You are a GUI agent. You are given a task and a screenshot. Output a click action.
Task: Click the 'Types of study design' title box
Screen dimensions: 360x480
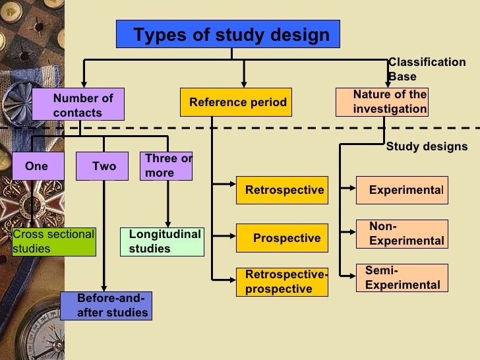coord(228,34)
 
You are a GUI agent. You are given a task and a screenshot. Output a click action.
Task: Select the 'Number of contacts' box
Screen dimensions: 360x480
coord(78,105)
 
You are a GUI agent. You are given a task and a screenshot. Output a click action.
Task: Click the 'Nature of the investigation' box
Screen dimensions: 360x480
coord(382,102)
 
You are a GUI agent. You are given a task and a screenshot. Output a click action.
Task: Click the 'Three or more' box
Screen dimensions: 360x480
coord(165,166)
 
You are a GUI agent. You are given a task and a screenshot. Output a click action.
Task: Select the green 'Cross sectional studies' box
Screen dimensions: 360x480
coord(54,242)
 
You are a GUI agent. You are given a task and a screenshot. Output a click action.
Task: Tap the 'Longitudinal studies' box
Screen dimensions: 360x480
coord(162,242)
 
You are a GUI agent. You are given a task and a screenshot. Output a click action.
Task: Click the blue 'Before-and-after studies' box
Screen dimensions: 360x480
coord(106,306)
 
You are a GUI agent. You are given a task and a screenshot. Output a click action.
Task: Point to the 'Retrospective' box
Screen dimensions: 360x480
coord(282,191)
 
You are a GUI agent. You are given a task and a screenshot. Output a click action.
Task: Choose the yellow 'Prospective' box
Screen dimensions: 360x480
coord(282,238)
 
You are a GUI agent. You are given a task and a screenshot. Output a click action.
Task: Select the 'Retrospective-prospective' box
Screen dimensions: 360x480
coord(282,282)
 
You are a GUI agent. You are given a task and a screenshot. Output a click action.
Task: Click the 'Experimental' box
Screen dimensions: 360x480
coord(402,191)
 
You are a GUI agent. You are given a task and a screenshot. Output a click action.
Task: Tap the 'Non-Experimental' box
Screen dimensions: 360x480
coord(402,234)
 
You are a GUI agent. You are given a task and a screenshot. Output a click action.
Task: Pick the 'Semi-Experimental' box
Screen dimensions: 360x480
coord(402,278)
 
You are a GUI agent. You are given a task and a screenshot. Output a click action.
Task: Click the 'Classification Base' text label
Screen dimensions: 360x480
coord(426,69)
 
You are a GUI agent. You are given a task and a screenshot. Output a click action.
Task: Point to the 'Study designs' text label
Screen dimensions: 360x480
coord(426,146)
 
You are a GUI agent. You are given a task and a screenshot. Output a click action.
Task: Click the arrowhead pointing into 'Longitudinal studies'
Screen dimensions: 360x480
coord(168,224)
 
